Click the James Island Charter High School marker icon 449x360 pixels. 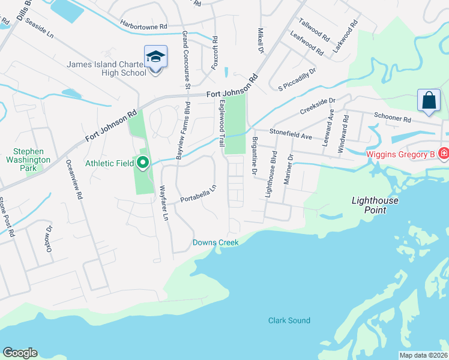pos(155,57)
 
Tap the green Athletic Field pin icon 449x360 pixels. pos(143,162)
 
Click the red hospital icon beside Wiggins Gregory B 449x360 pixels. pos(443,154)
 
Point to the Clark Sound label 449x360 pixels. pos(289,320)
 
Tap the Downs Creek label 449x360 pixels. pos(215,242)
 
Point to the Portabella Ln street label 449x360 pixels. pos(197,194)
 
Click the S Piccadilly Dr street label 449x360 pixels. pos(297,80)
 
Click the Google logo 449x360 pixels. pos(20,353)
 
